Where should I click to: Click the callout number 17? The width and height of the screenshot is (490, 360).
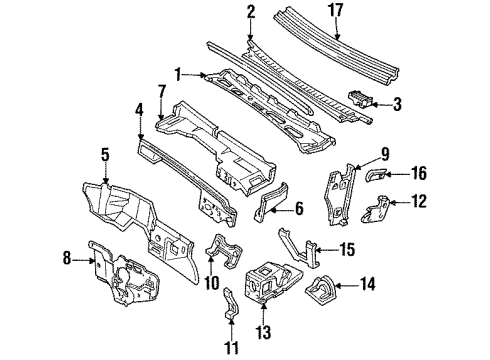(342, 11)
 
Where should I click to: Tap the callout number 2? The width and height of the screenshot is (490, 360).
(249, 11)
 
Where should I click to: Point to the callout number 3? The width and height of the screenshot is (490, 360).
(396, 103)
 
